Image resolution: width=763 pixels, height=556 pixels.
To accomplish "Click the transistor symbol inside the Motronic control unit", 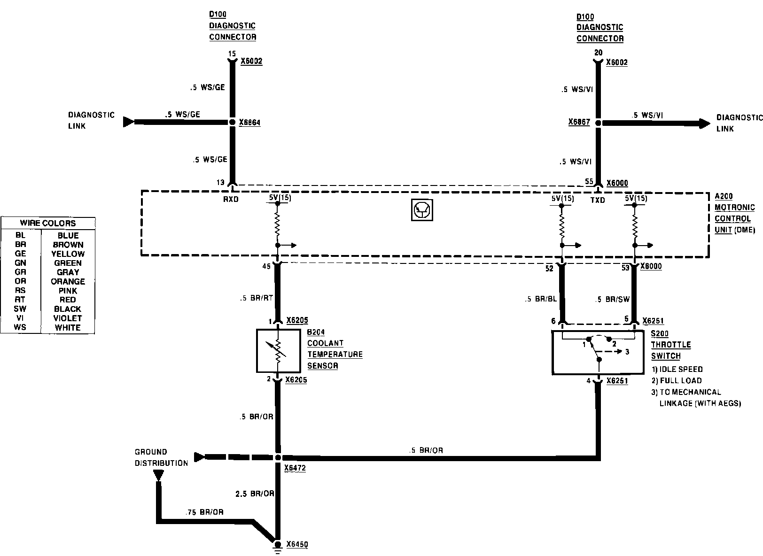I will (421, 210).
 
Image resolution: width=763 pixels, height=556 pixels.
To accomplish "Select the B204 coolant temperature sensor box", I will (278, 351).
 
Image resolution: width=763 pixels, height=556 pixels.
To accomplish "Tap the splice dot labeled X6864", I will (232, 122).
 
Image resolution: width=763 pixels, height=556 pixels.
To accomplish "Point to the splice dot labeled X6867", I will (598, 123).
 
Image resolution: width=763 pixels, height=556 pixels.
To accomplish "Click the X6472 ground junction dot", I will (278, 457).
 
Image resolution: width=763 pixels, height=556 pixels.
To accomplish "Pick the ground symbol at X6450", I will (278, 544).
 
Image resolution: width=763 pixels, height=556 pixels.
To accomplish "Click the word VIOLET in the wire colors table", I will (68, 318).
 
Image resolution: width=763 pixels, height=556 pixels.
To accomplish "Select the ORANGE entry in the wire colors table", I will (68, 282).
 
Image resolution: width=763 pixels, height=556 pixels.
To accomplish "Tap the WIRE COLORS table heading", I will (48, 223).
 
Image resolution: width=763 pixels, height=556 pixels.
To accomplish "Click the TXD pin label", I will (598, 201).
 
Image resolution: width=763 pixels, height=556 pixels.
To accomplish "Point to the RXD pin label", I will (231, 199).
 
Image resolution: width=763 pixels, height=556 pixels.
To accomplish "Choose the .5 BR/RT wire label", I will (256, 298).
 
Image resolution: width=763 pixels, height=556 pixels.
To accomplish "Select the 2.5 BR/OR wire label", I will (254, 494).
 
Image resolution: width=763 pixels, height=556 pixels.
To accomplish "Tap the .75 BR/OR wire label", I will (204, 512).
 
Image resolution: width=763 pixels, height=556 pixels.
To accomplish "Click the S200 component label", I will (660, 333).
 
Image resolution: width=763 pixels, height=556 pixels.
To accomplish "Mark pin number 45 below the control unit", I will (266, 266).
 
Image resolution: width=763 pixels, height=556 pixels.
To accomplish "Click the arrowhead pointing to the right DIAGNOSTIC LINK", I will (705, 124).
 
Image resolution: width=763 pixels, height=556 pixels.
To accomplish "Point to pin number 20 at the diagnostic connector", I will (598, 53).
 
